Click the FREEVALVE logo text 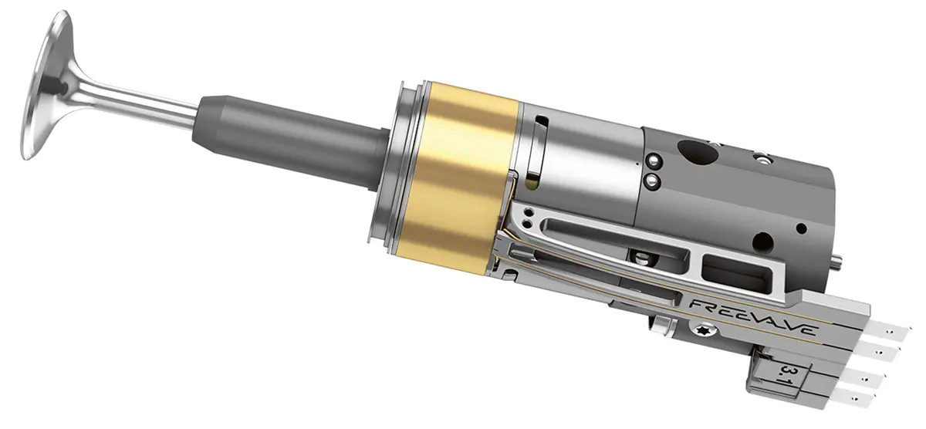(754, 317)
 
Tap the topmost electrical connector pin (892, 331)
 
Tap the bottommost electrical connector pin (856, 400)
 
